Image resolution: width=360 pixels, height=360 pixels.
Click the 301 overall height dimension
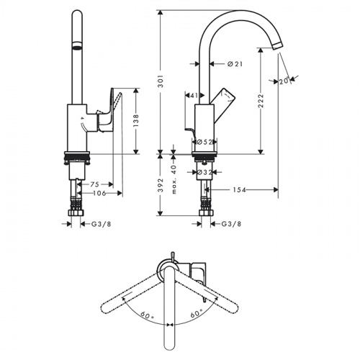point(161,81)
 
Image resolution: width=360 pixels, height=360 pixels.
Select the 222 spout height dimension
point(261,101)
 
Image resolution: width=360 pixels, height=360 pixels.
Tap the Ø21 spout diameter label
point(235,64)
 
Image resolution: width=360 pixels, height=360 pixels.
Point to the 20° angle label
point(284,81)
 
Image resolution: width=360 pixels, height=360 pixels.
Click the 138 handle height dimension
point(136,121)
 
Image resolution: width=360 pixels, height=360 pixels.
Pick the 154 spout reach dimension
point(240,190)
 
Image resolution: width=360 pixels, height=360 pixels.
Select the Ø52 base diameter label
point(204,142)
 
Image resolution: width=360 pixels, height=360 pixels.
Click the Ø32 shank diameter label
point(204,172)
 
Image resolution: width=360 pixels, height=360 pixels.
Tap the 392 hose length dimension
point(161,185)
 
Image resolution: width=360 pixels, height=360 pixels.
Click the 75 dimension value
point(94,184)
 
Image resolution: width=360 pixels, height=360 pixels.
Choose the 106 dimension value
point(99,193)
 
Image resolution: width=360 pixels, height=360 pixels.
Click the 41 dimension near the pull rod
point(194,95)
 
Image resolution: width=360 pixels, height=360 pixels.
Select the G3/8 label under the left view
point(102,224)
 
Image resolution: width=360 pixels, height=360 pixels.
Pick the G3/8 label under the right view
point(231,224)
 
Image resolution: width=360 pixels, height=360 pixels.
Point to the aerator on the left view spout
point(77,45)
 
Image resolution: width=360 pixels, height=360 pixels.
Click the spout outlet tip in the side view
point(277,45)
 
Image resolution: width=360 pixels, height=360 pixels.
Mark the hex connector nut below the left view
point(76,212)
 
